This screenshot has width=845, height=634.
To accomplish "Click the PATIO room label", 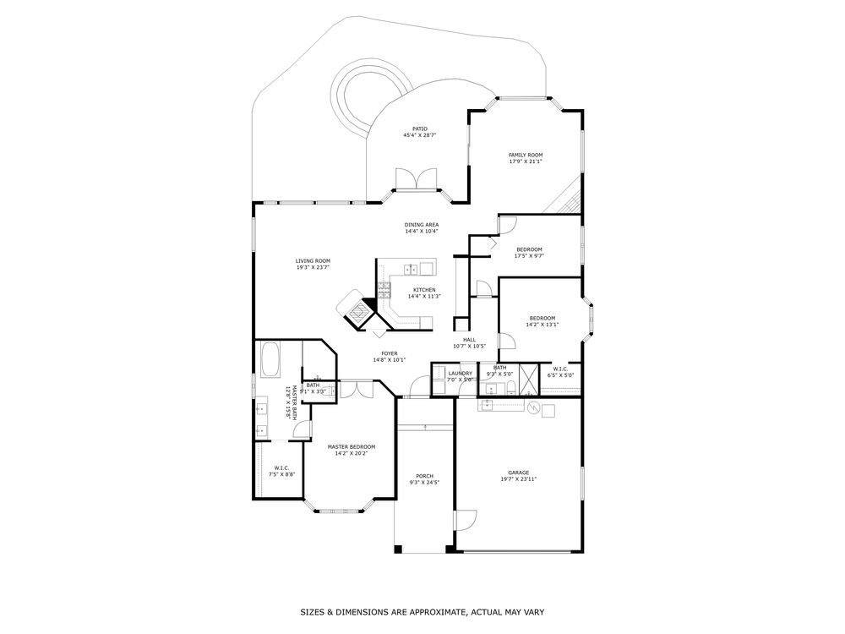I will pos(415,129).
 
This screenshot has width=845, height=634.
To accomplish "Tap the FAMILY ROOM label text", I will pos(525,155).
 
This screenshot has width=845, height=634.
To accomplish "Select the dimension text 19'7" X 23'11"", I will pos(518,478).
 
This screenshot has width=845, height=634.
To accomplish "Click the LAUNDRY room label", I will pos(460,373).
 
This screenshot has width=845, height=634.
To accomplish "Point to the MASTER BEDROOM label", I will pos(351,446).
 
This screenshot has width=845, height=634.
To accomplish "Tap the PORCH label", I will pos(424,476).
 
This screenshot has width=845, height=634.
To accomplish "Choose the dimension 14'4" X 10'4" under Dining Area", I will pos(421,231).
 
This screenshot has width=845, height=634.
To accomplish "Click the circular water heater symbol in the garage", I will pos(533,408).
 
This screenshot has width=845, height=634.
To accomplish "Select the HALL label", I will pos(469,339).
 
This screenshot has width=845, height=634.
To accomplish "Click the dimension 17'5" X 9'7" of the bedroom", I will pos(529,255).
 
